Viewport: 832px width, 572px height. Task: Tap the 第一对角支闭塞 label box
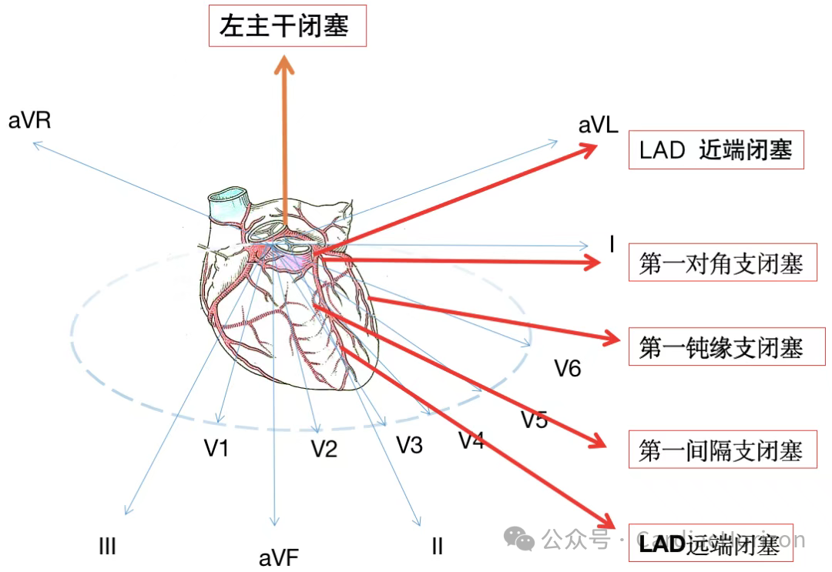click(722, 263)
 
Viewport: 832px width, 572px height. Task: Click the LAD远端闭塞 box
click(710, 545)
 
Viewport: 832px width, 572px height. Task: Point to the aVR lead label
click(30, 121)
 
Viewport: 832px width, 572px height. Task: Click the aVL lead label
click(599, 126)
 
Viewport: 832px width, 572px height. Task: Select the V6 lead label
click(568, 369)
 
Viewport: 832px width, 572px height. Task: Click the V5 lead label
click(534, 420)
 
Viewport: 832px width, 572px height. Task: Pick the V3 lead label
click(410, 445)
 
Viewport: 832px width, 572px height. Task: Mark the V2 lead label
click(324, 449)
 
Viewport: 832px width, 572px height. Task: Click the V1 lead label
click(216, 448)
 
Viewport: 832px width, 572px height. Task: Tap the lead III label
click(107, 547)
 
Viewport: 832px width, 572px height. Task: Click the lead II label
click(437, 547)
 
